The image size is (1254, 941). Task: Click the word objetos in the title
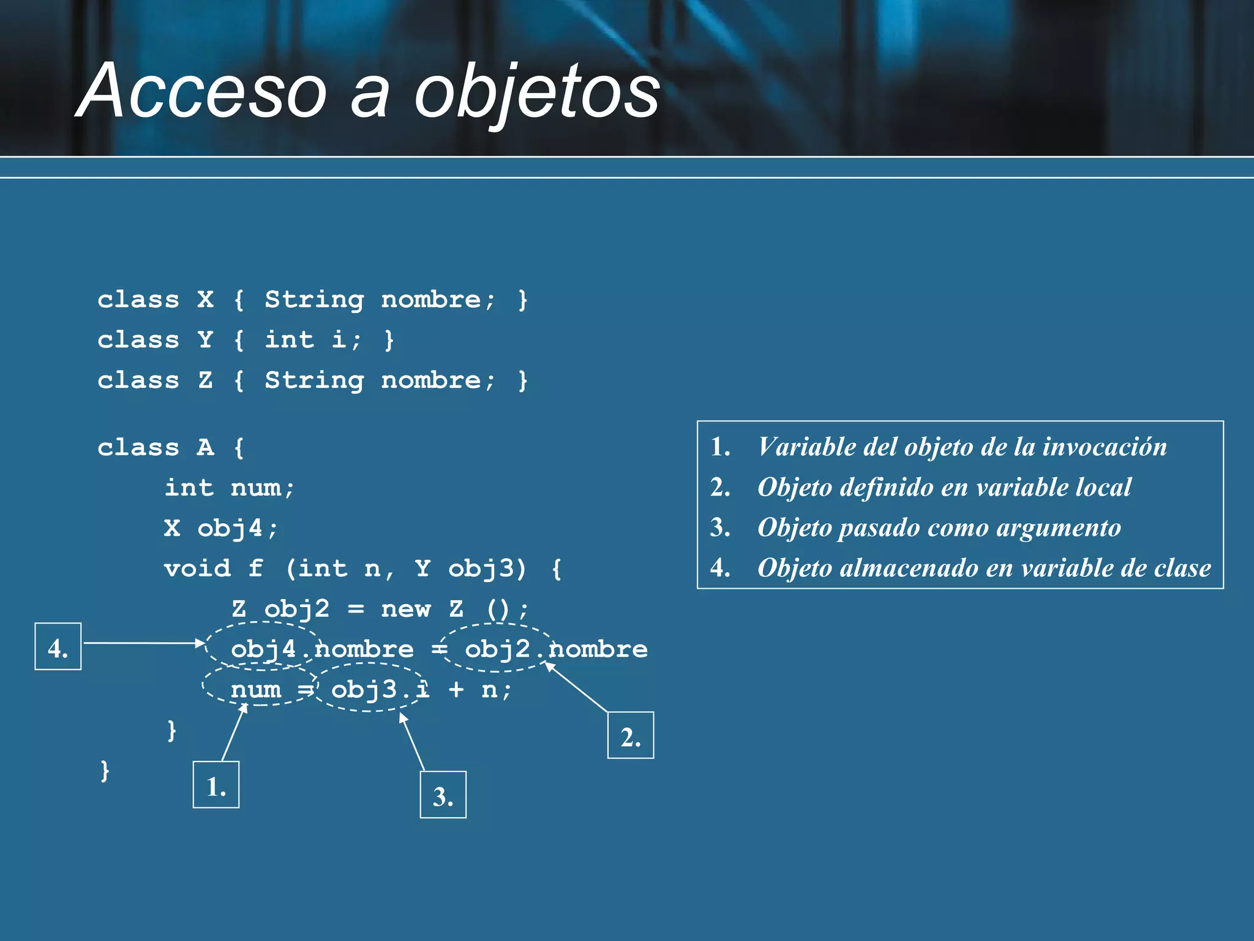tap(537, 92)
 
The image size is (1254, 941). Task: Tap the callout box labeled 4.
tap(58, 646)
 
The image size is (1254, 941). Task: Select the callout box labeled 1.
tap(216, 785)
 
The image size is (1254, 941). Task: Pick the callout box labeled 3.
tap(443, 795)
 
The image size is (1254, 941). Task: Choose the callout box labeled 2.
tap(631, 735)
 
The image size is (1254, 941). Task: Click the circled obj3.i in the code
tap(380, 690)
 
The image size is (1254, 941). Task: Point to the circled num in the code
tap(256, 690)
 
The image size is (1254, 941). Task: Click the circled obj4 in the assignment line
tap(263, 649)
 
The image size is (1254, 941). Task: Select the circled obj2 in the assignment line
tap(497, 649)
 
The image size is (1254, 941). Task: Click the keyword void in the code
tap(197, 569)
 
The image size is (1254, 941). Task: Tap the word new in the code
tap(406, 609)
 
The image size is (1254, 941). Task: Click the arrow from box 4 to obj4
tap(144, 643)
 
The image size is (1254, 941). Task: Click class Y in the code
tap(156, 339)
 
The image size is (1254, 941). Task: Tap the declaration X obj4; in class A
tap(221, 528)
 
